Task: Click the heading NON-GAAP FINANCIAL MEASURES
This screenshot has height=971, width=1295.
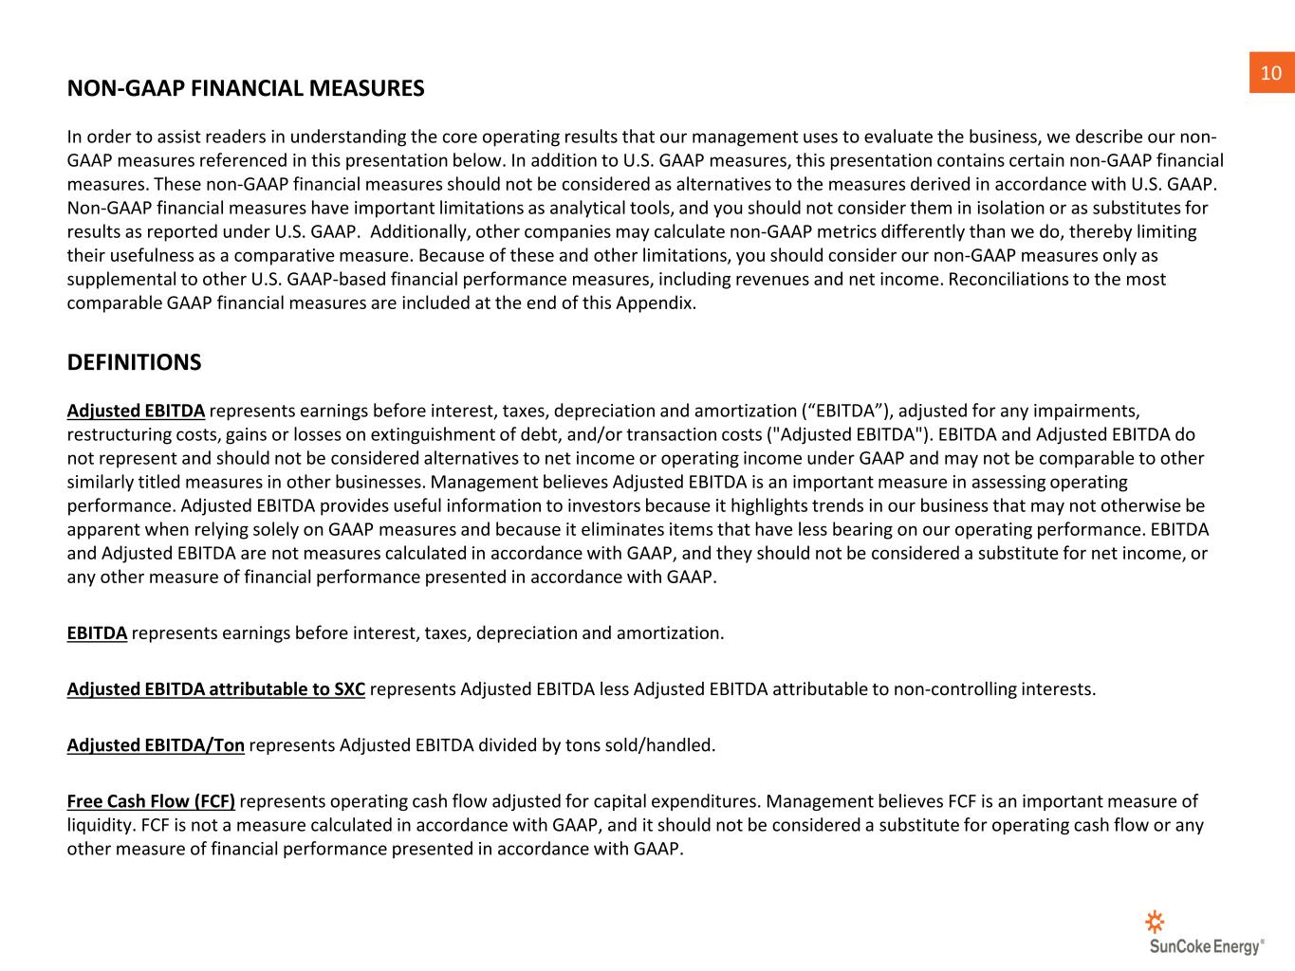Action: coord(246,89)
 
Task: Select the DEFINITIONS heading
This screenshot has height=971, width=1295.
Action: coord(134,363)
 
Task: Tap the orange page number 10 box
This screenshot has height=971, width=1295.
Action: coord(1271,73)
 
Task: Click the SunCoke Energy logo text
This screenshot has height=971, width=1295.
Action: coord(1206,946)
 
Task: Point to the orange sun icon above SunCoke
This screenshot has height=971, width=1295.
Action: coord(1155,921)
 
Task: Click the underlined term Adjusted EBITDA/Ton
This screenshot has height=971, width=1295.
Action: coord(156,745)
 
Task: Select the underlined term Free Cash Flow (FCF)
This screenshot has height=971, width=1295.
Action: coord(151,801)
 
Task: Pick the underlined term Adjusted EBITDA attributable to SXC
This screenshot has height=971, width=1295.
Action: coord(216,689)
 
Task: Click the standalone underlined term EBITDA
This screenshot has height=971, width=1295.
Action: coord(97,633)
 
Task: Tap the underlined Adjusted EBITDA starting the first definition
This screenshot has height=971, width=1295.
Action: coord(136,412)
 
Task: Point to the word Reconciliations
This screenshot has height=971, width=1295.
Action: coord(1010,280)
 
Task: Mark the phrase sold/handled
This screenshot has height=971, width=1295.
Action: coord(665,745)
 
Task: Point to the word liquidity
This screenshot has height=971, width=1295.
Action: coord(100,825)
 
